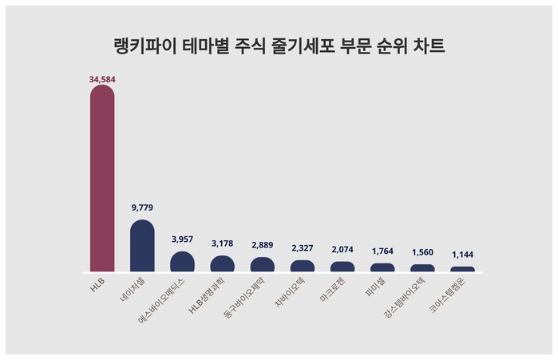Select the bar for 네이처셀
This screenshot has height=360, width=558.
(x=142, y=246)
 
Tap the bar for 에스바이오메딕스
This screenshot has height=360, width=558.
(x=182, y=262)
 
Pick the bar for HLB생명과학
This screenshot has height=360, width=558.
(x=222, y=264)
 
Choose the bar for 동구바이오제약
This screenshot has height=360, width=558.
(x=262, y=265)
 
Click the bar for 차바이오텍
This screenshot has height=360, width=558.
(x=302, y=267)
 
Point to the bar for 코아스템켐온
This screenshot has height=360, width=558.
(x=462, y=269)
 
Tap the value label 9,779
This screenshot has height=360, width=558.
(x=142, y=208)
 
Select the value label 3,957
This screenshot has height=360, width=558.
(x=182, y=239)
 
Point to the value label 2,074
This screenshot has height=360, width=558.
(x=342, y=249)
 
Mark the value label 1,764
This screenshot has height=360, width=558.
(x=382, y=251)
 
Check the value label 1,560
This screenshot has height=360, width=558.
(x=422, y=252)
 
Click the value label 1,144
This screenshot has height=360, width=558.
(x=462, y=255)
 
